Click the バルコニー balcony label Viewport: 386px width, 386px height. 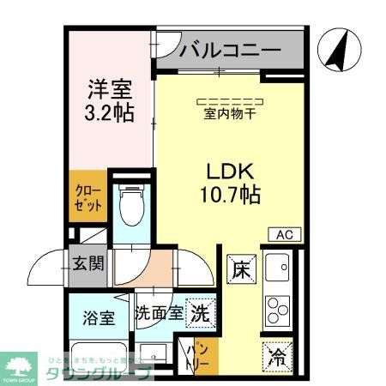tap(231, 51)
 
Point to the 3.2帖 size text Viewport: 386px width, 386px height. tap(109, 112)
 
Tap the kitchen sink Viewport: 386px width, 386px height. tap(279, 269)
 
